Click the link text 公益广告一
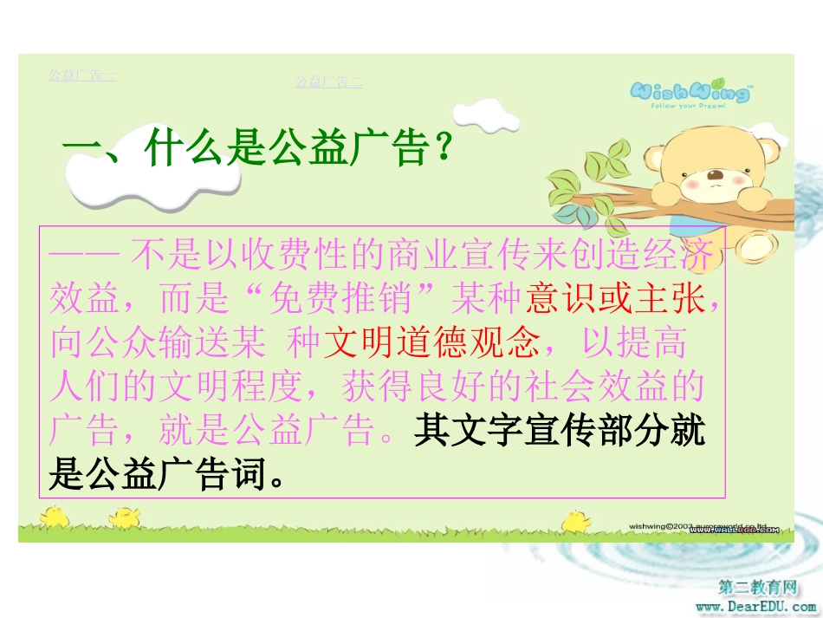[81, 75]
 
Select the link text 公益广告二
[328, 81]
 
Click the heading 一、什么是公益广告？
[258, 148]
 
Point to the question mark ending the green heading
[444, 149]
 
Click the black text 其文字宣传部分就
[561, 431]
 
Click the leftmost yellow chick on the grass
[56, 516]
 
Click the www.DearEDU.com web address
[755, 606]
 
